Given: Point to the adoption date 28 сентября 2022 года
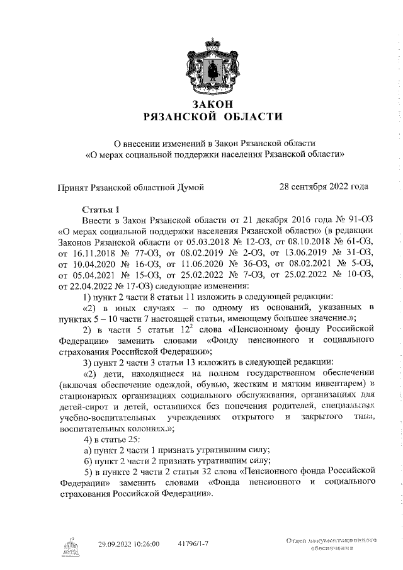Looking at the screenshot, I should point(324,186).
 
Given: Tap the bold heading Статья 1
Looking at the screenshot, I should point(101,208).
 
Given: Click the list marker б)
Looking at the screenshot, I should point(89,461).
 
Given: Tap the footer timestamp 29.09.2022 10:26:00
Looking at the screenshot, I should point(128,543).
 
